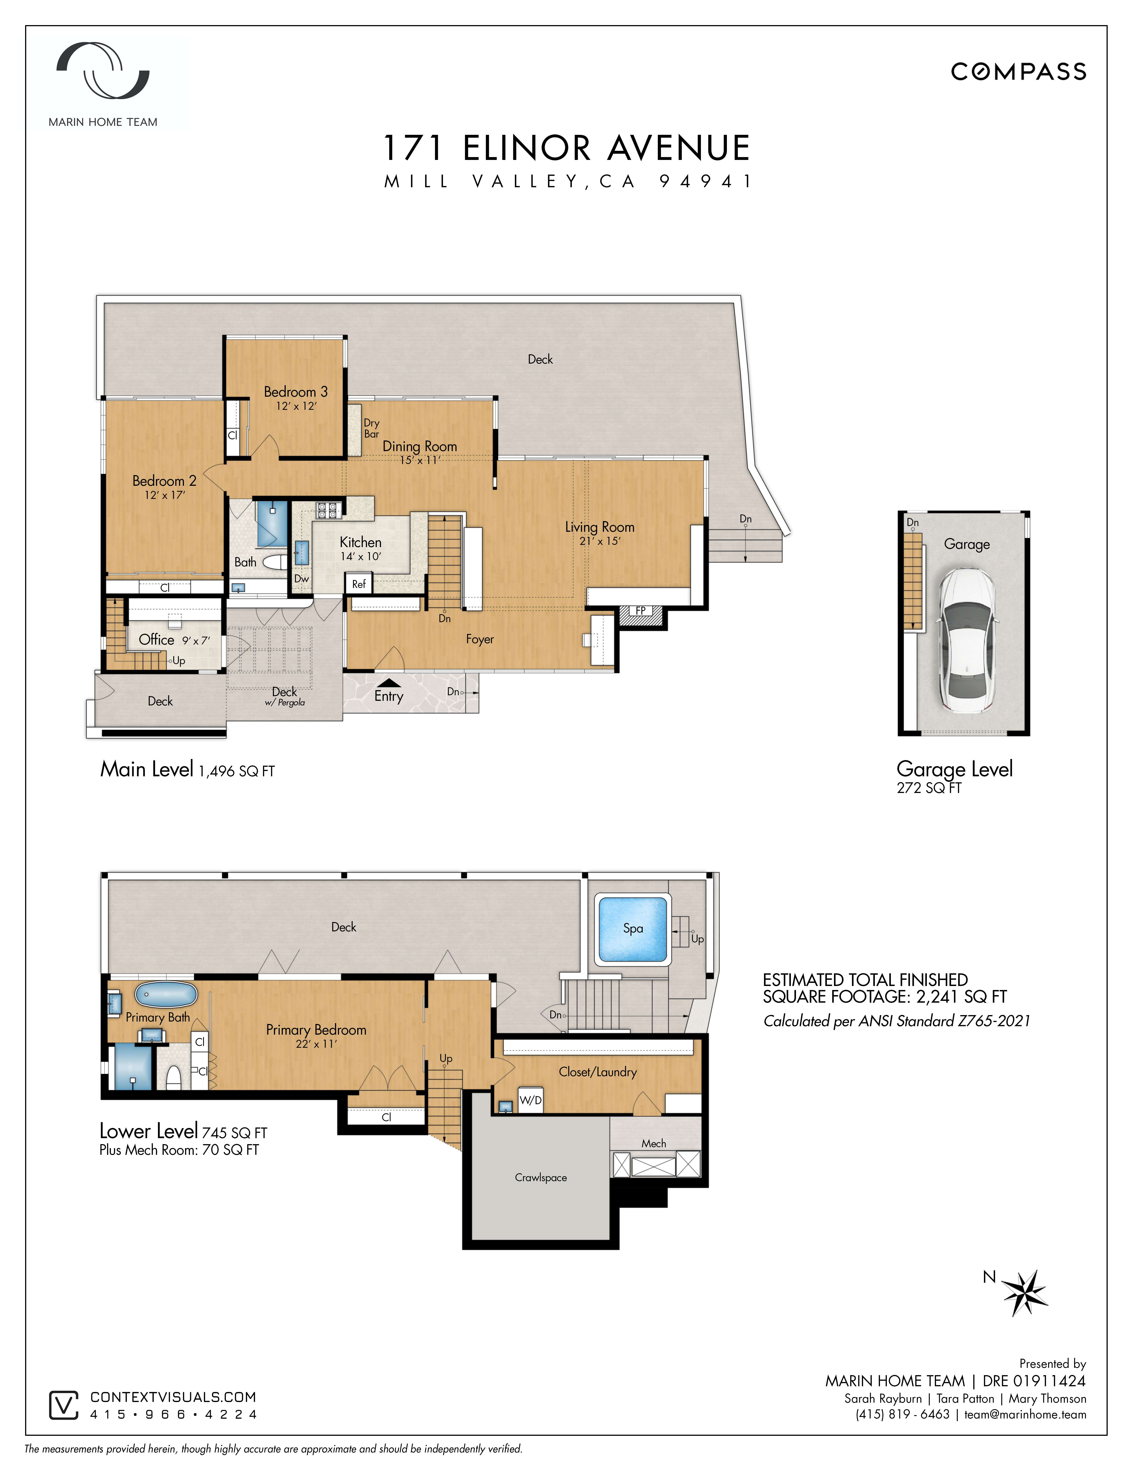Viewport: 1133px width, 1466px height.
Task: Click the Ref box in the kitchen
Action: pos(359,584)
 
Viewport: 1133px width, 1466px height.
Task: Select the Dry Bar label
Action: pos(371,428)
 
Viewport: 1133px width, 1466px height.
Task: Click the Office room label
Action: pos(156,640)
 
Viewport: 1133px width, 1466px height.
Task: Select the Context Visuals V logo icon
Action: pos(64,1405)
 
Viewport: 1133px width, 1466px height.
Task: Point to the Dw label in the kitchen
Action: pos(301,579)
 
